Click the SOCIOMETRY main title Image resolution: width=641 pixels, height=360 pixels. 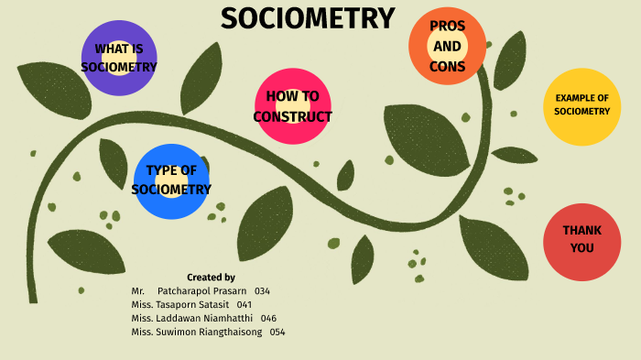[308, 18]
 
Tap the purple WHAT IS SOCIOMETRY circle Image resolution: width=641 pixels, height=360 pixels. [119, 58]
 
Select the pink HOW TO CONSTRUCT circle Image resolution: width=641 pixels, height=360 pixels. [292, 106]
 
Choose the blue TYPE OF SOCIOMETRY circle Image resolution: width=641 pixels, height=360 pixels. [171, 180]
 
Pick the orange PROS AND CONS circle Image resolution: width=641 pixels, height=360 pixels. [447, 46]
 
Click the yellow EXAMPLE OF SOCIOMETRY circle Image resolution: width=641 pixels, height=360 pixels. [581, 105]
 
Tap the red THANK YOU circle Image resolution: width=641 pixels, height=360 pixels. [581, 241]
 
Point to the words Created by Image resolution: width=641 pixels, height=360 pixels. [211, 277]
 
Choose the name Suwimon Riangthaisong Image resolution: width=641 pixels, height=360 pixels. [209, 332]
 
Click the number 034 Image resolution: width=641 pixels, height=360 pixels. [262, 291]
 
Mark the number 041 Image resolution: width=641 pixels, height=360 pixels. [244, 305]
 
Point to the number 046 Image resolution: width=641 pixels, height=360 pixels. [268, 318]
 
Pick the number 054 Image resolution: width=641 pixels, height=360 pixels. [277, 332]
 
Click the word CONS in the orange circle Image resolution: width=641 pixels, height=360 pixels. [447, 66]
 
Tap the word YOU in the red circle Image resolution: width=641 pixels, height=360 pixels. [581, 248]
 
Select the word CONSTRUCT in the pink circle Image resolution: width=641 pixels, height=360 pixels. [292, 116]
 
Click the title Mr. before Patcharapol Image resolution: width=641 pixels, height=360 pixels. [138, 291]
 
